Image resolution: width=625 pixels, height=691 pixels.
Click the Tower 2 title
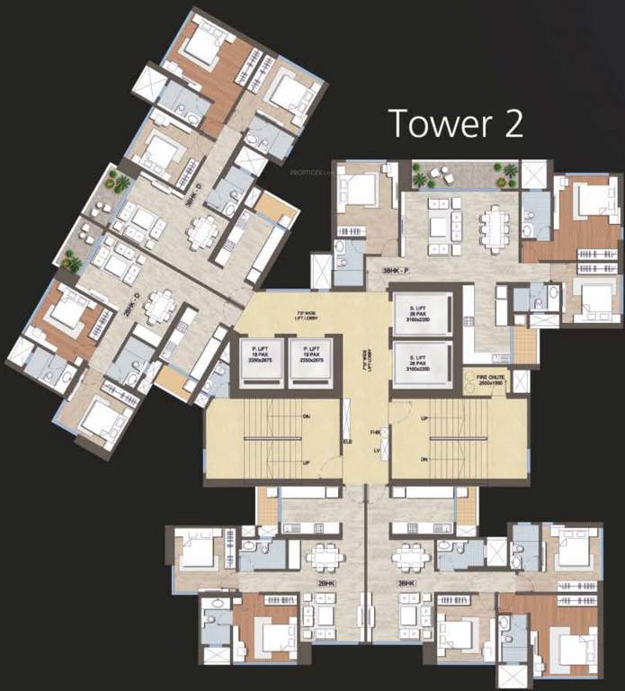point(454,122)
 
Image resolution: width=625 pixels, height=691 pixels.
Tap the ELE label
point(347,442)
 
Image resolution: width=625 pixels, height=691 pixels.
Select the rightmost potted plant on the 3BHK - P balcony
point(510,171)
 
